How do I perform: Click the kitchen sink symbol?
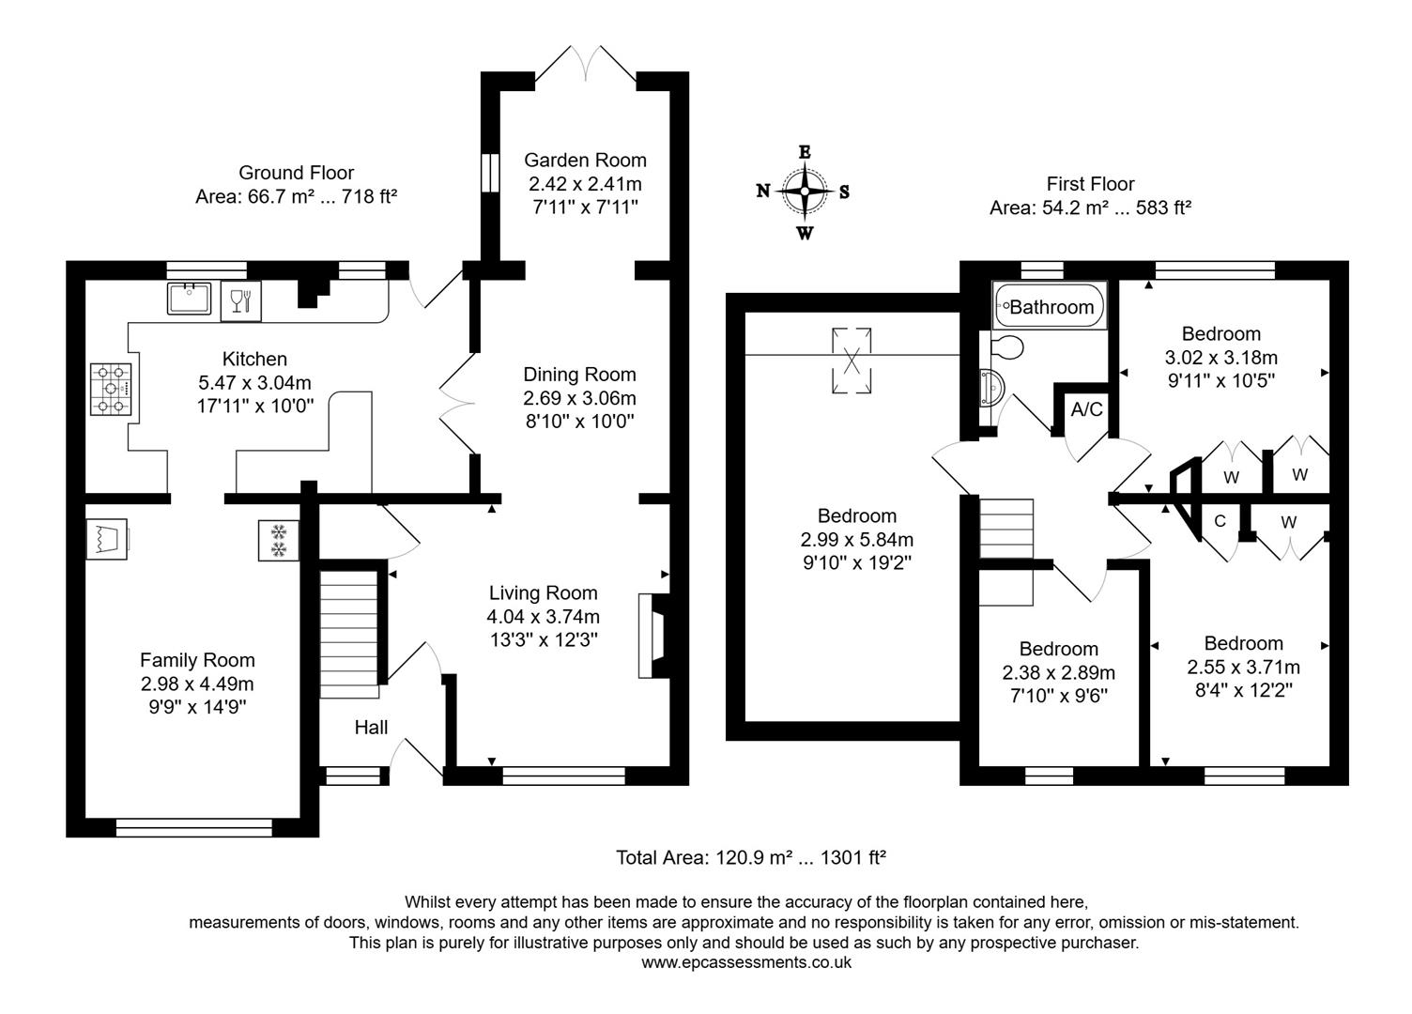coord(191,299)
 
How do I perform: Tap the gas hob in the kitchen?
coord(112,389)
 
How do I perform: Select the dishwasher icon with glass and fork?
coord(240,300)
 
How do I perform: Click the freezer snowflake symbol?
coord(279,541)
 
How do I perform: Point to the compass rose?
coord(805,192)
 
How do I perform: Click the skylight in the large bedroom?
coord(852,360)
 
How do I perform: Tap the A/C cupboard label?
coord(1086,410)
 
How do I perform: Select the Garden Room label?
coord(585,160)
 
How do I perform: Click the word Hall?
coord(371,728)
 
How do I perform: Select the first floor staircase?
coord(1006,551)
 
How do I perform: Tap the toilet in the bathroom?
coord(1006,346)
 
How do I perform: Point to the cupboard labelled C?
coord(1220,521)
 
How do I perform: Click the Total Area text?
coord(751,857)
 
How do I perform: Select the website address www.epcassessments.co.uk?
coord(746,962)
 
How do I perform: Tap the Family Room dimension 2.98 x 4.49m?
coord(197,684)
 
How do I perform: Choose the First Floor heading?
coord(1090,184)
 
